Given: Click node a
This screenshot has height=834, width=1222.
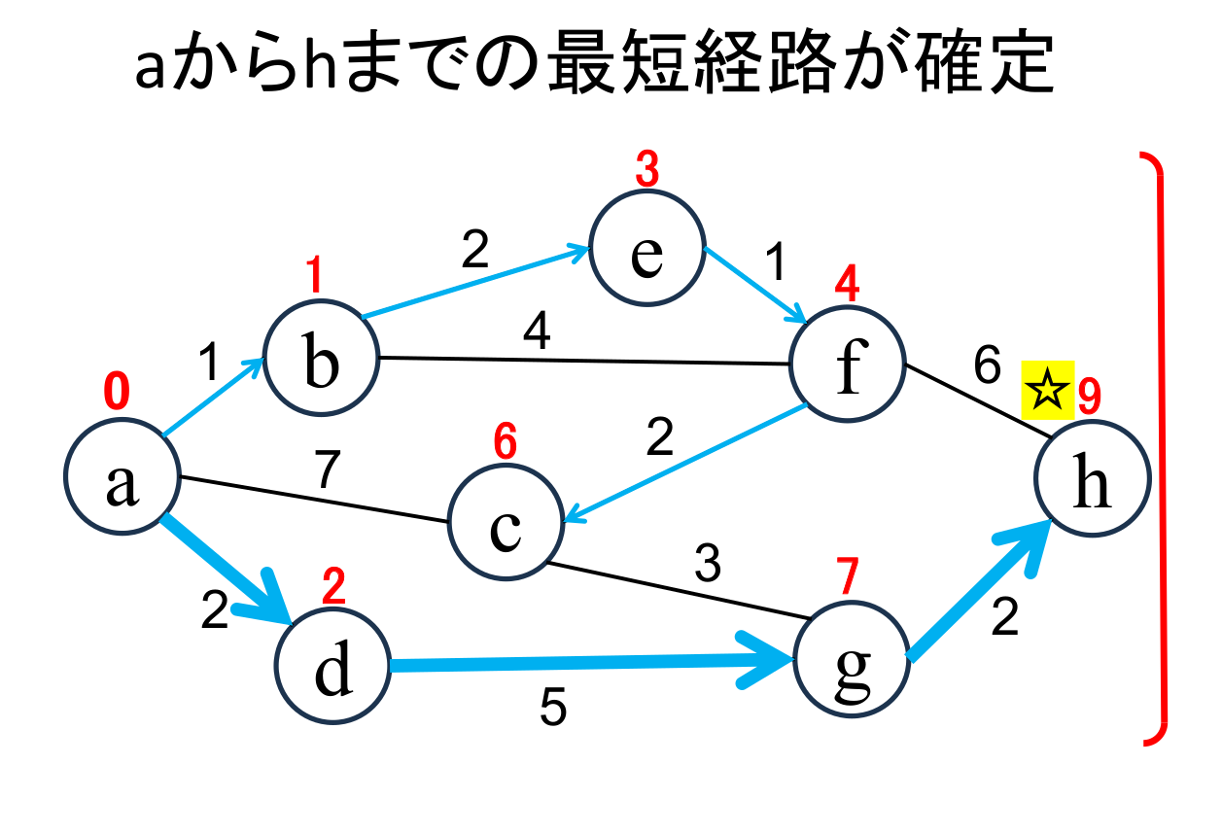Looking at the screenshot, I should tap(122, 478).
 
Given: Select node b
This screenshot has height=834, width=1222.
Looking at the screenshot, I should tap(322, 358).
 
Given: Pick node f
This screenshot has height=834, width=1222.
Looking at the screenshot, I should tap(848, 365).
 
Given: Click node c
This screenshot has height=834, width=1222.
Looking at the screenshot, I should tap(506, 526).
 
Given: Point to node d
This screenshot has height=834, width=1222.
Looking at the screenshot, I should tap(332, 668).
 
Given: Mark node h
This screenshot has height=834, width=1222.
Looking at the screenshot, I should tap(1093, 478).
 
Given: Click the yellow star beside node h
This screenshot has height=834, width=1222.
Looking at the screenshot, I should tap(1047, 393).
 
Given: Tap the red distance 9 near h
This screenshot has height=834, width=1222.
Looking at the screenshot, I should tap(1089, 396).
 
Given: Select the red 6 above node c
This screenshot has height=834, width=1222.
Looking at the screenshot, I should tap(505, 443).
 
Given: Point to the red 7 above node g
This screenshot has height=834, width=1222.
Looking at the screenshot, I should tap(849, 577).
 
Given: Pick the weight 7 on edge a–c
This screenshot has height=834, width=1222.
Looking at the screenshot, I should tap(328, 471).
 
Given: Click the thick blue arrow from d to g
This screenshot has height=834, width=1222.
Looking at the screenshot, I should tap(583, 665).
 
